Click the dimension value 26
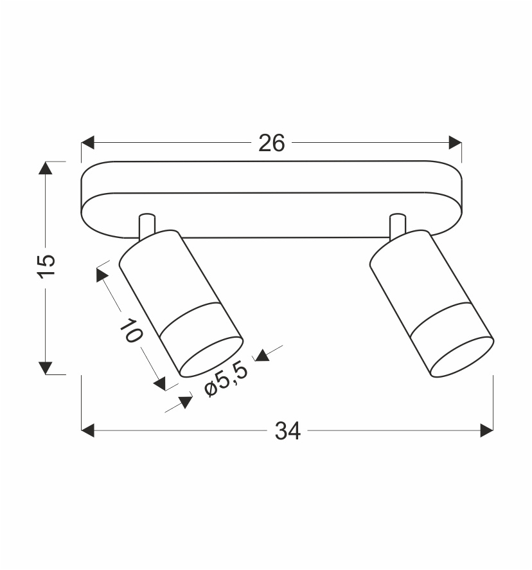tap(271, 143)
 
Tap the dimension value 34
tap(288, 431)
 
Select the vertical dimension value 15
tap(46, 266)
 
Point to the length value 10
tap(131, 331)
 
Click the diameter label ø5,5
tap(226, 379)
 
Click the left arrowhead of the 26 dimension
tap(87, 143)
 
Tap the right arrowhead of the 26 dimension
tap(455, 143)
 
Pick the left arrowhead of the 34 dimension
tap(87, 430)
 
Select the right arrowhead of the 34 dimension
tap(486, 430)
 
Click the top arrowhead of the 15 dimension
tap(46, 167)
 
